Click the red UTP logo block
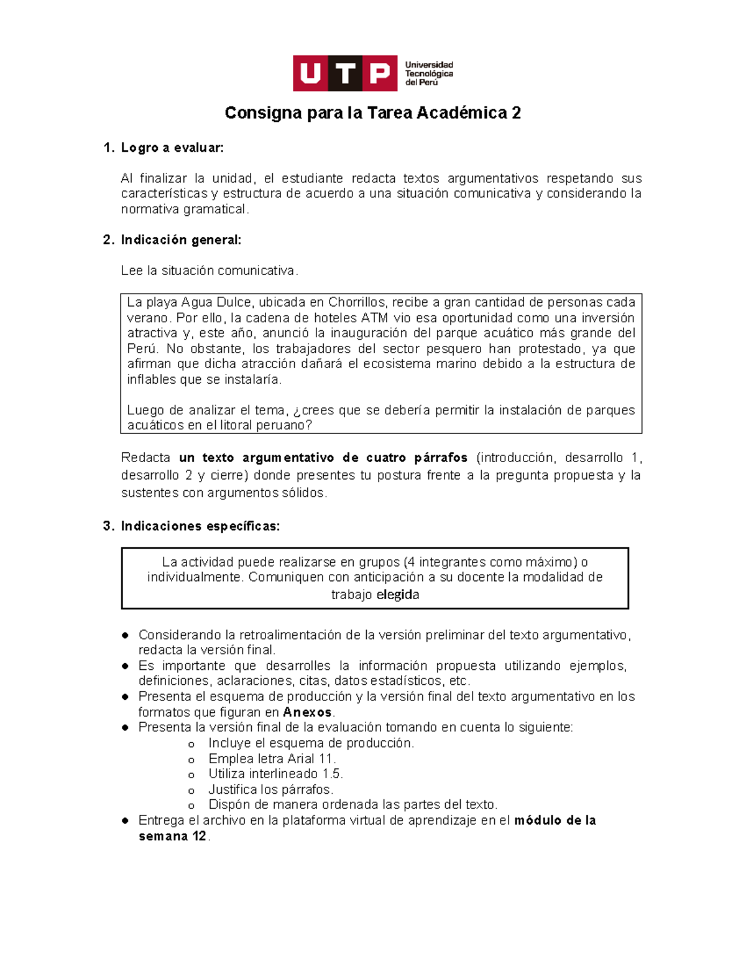point(345,73)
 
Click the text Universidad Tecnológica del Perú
point(429,73)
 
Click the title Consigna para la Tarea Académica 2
point(372,113)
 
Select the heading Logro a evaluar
point(172,147)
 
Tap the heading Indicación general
point(180,239)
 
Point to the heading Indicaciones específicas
point(200,526)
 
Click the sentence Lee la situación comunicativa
point(210,271)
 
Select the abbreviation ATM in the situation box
point(374,318)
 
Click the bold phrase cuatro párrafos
point(417,458)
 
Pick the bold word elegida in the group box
point(398,595)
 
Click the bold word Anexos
point(307,712)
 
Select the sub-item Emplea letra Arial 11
point(272,759)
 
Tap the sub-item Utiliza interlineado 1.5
point(275,774)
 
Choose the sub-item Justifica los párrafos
point(270,789)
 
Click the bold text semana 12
point(172,836)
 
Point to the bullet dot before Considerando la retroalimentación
point(126,635)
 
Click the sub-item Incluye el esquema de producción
point(311,743)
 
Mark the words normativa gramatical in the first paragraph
point(184,209)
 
